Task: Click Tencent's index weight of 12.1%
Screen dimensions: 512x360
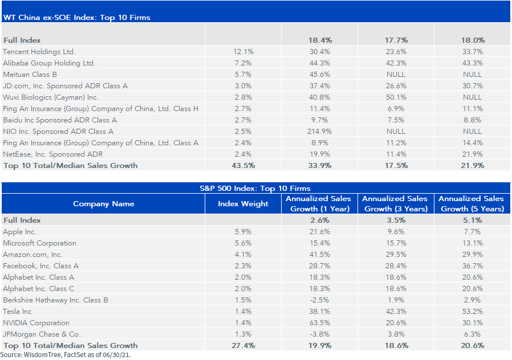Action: tap(243, 51)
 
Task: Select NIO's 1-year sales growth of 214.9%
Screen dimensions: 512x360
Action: tap(319, 132)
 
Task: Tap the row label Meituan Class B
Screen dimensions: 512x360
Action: tap(30, 75)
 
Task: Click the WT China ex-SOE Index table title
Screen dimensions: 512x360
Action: tap(77, 17)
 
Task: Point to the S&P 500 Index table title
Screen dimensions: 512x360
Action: tap(255, 188)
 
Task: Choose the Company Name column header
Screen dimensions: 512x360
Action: tap(104, 204)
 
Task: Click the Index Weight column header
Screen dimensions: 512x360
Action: tap(243, 204)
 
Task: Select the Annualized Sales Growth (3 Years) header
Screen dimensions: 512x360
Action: tap(396, 204)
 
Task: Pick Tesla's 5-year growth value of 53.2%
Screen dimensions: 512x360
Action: tap(472, 312)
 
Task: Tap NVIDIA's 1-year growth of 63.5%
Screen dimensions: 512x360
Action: tap(319, 323)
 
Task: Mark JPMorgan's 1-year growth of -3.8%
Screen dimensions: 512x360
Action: tap(319, 334)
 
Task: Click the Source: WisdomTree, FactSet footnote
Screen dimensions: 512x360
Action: tap(66, 355)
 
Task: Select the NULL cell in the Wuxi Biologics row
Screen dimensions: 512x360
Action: tap(472, 97)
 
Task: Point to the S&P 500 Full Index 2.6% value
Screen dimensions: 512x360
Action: tap(320, 220)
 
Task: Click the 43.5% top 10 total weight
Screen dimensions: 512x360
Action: tap(243, 166)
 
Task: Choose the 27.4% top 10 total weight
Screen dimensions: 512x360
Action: tap(243, 346)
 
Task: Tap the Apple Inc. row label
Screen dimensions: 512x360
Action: tap(19, 232)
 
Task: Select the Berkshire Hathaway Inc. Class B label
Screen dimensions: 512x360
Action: tap(55, 300)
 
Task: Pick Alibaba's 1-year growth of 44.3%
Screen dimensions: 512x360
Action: tap(319, 63)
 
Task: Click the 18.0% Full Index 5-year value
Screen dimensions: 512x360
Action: tap(473, 40)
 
